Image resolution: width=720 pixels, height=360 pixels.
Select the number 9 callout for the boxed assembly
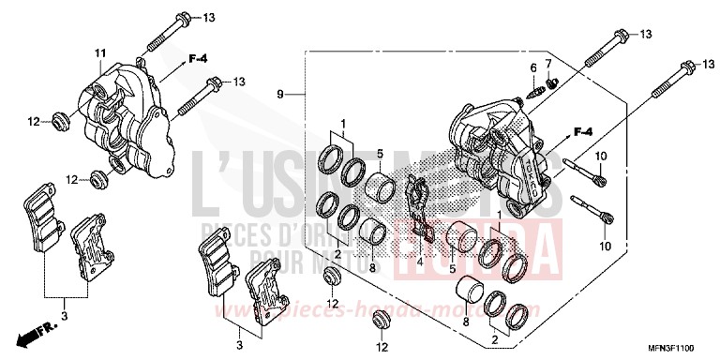pyautogui.click(x=279, y=95)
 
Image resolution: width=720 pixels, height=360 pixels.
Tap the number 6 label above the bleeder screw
pyautogui.click(x=532, y=67)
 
